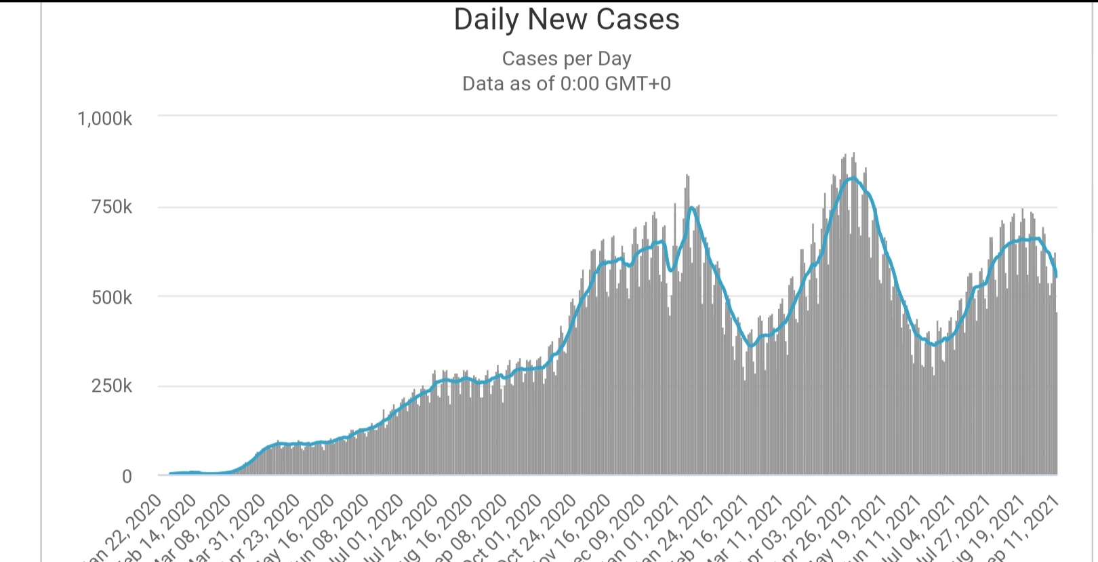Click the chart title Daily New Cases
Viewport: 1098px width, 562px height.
[x=567, y=20]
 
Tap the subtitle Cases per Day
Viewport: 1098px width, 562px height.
[x=567, y=59]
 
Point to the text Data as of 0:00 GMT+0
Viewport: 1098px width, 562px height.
[x=567, y=83]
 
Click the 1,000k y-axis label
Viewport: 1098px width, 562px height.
[x=105, y=119]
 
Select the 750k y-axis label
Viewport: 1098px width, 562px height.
[x=112, y=207]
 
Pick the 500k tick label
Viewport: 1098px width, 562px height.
[x=112, y=298]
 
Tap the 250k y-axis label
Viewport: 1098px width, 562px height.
[x=112, y=386]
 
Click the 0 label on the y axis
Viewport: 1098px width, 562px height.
[x=127, y=477]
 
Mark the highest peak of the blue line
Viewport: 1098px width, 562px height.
[x=853, y=178]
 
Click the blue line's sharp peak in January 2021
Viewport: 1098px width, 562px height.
[x=691, y=207]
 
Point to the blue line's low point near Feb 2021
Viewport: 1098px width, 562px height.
[x=750, y=346]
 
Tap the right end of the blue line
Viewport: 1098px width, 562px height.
[x=1057, y=275]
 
